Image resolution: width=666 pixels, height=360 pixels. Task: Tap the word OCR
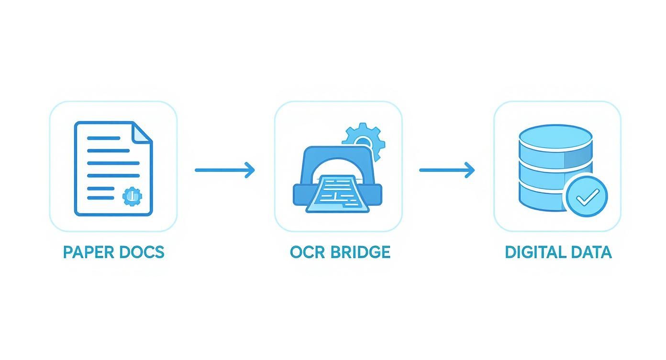point(305,252)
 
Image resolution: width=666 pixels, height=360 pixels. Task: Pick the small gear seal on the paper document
point(132,196)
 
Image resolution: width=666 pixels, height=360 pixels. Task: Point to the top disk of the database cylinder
point(555,136)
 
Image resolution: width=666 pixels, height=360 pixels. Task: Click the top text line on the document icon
point(103,138)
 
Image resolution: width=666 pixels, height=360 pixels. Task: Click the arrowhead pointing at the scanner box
point(250,170)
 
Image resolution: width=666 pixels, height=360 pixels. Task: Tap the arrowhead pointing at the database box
point(470,170)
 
